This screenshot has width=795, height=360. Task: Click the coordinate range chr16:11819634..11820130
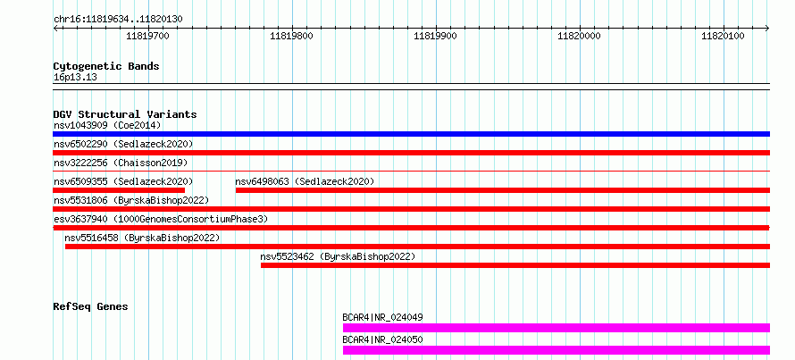pyautogui.click(x=118, y=19)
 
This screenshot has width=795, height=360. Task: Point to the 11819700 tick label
pyautogui.click(x=148, y=36)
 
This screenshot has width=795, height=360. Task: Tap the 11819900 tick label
pyautogui.click(x=436, y=36)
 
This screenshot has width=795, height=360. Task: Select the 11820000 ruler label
pyautogui.click(x=579, y=36)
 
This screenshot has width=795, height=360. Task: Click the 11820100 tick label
pyautogui.click(x=723, y=36)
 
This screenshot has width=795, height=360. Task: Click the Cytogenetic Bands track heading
pyautogui.click(x=106, y=66)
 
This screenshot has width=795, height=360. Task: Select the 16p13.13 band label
pyautogui.click(x=75, y=78)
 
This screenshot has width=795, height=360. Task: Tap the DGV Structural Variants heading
pyautogui.click(x=125, y=114)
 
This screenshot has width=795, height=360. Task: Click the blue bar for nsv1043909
pyautogui.click(x=411, y=134)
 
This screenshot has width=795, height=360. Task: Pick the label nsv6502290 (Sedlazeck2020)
pyautogui.click(x=123, y=145)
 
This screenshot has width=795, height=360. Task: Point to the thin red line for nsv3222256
pyautogui.click(x=411, y=172)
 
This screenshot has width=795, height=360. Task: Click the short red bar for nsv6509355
pyautogui.click(x=119, y=190)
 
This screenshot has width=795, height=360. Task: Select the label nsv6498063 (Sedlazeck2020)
pyautogui.click(x=305, y=181)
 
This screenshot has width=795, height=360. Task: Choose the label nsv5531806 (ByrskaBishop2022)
pyautogui.click(x=131, y=200)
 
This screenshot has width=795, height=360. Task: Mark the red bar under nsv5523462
pyautogui.click(x=515, y=265)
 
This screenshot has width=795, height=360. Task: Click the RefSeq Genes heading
pyautogui.click(x=91, y=306)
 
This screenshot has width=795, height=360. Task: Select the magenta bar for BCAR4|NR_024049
pyautogui.click(x=556, y=328)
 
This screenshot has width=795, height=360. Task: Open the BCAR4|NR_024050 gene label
pyautogui.click(x=383, y=339)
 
